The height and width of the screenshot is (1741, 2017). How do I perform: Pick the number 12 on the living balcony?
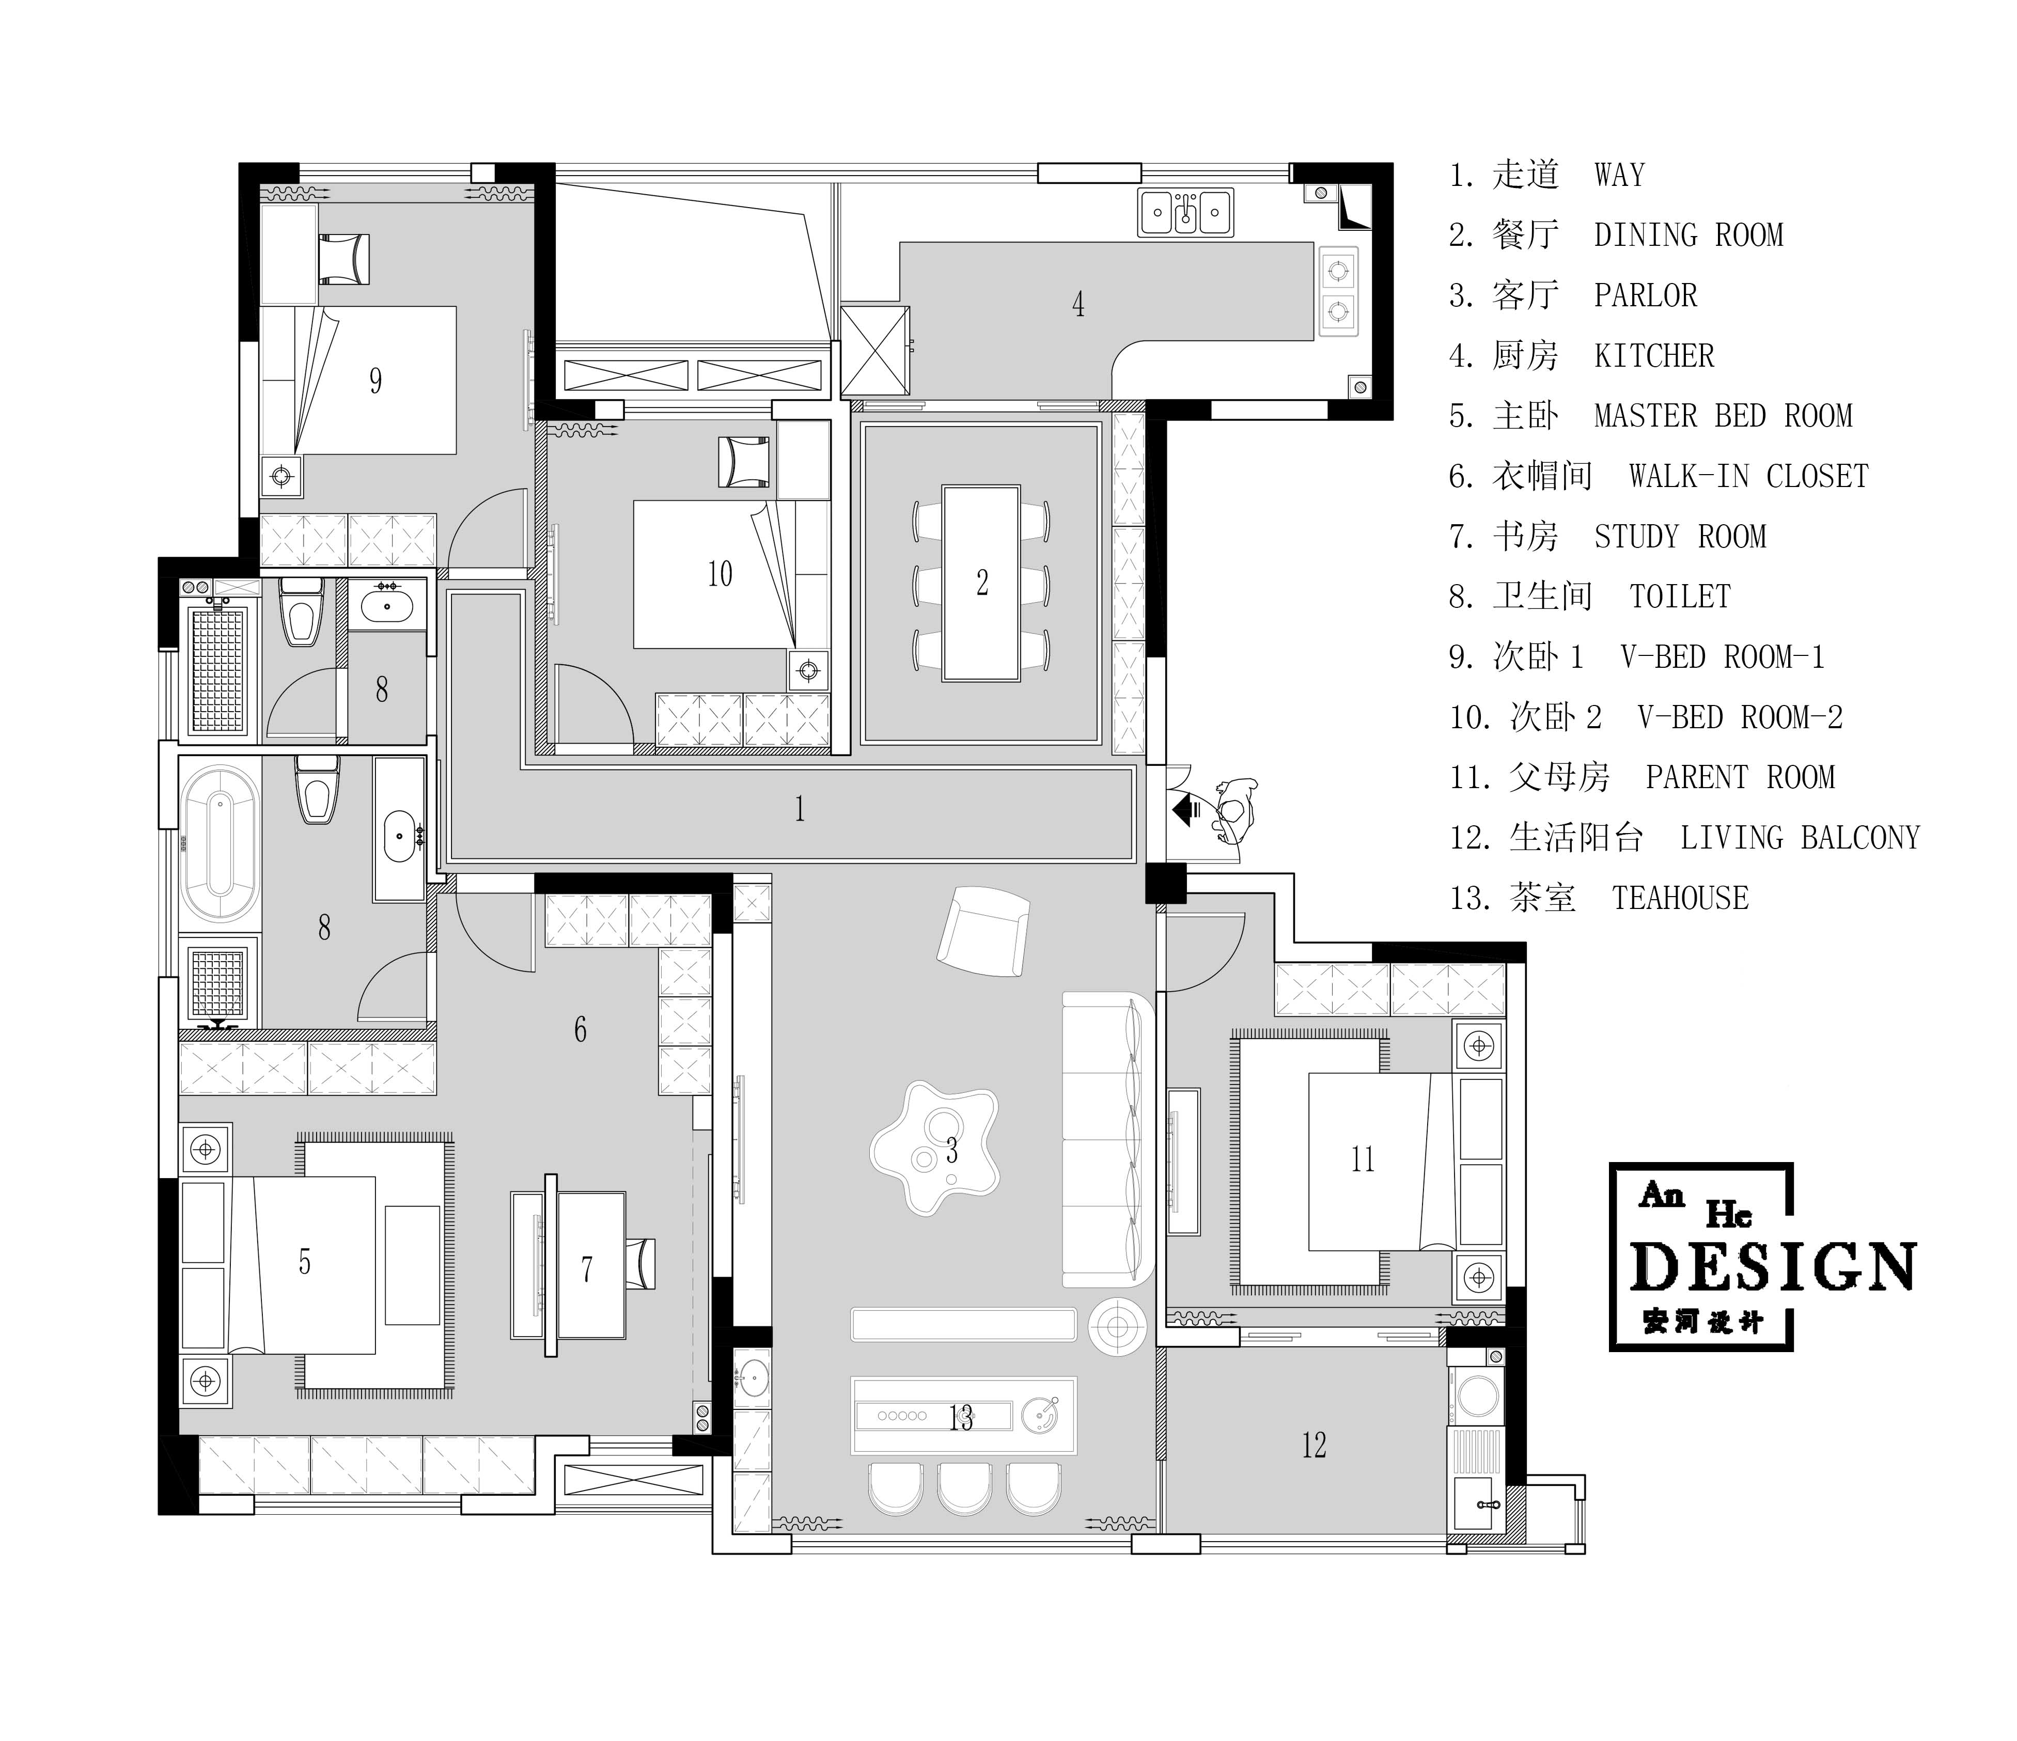(1314, 1445)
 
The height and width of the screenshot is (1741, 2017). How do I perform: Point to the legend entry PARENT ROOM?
(1740, 778)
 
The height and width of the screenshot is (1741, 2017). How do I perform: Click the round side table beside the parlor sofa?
(1118, 1325)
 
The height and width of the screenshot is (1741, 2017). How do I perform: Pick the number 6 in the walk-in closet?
(580, 1030)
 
